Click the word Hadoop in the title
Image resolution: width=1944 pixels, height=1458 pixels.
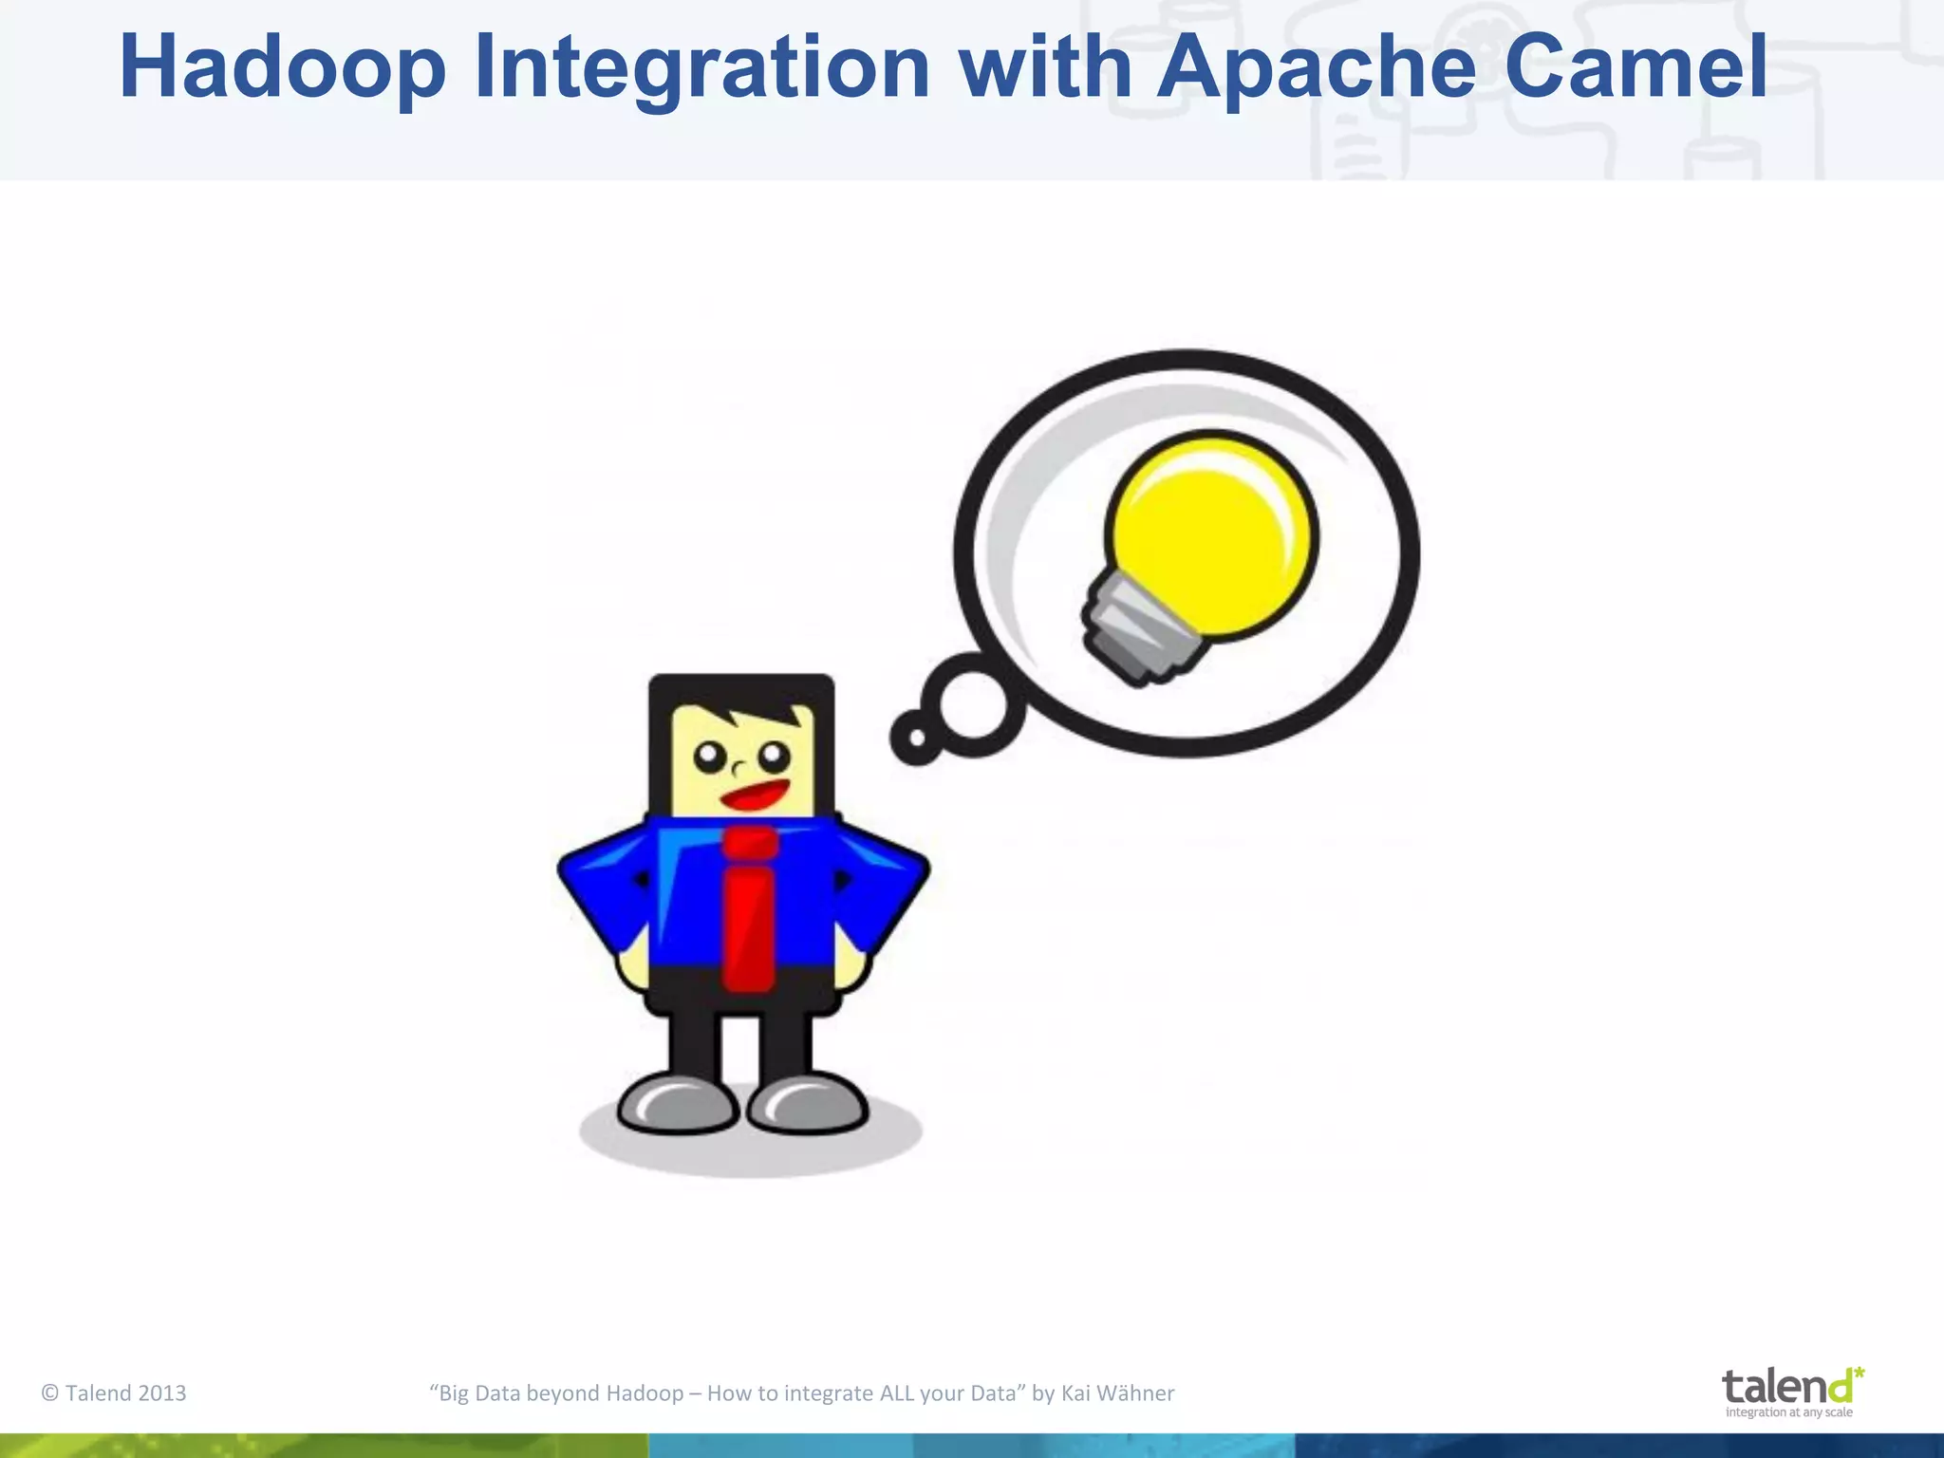click(x=282, y=68)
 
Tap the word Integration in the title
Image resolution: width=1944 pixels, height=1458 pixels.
click(x=701, y=68)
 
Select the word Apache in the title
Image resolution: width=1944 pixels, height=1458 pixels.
click(x=1316, y=68)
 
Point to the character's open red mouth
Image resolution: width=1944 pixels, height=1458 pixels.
click(x=755, y=794)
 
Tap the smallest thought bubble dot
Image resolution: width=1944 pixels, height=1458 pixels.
click(x=916, y=738)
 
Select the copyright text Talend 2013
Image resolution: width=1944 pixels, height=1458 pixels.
click(x=114, y=1393)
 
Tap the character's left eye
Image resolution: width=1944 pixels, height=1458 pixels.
click(x=709, y=757)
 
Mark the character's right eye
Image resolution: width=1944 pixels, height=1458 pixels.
click(x=774, y=757)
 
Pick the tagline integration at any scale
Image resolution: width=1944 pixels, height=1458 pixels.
click(x=1788, y=1412)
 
